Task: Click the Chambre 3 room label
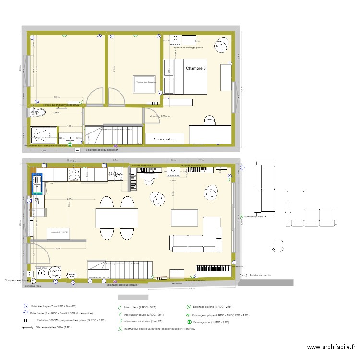196,69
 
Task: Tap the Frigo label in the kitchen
116,174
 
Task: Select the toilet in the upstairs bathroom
38,113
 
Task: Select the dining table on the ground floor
117,218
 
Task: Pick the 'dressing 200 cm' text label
160,117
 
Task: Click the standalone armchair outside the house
278,245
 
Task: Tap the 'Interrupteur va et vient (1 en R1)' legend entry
143,321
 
